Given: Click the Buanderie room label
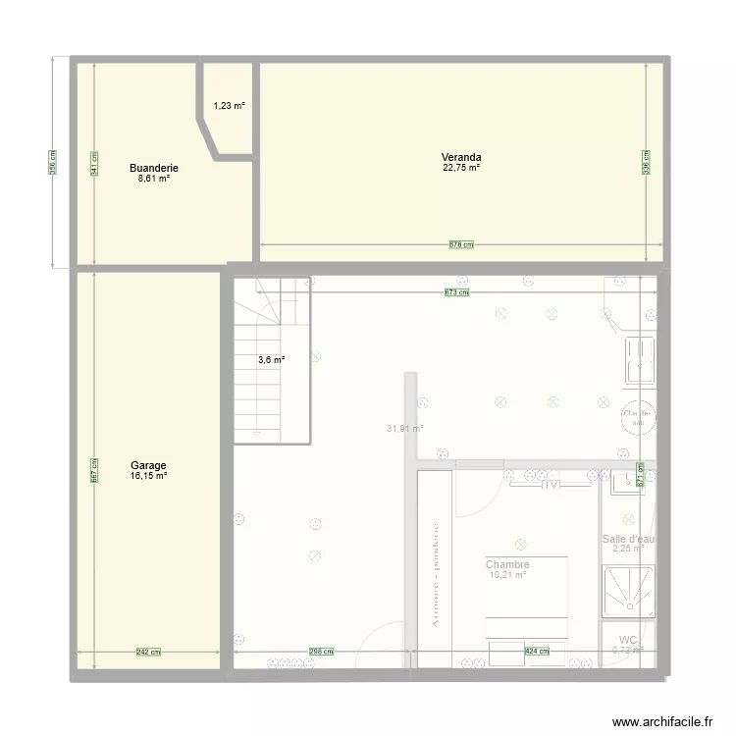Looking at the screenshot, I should tap(154, 168).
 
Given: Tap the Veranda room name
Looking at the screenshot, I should tap(460, 157).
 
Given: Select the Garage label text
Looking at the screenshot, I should tap(148, 465).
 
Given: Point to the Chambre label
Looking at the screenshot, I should tap(507, 564).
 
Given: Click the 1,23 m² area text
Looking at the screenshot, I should tap(230, 106).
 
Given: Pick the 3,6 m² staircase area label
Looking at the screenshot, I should tap(271, 360).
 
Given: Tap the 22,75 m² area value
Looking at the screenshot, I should tap(460, 168).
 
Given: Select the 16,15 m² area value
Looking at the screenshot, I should tap(148, 476).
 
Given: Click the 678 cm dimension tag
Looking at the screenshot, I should tap(461, 244).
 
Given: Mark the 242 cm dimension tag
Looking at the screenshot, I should tap(149, 652).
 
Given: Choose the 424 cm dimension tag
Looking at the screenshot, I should tap(537, 651).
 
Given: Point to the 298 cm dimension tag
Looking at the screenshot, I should tap(321, 651).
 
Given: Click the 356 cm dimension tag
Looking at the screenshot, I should tap(52, 162).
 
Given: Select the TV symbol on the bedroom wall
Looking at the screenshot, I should tap(550, 483).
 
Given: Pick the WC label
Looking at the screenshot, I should tap(627, 639).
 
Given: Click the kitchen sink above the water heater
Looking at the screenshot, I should tap(641, 358).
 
